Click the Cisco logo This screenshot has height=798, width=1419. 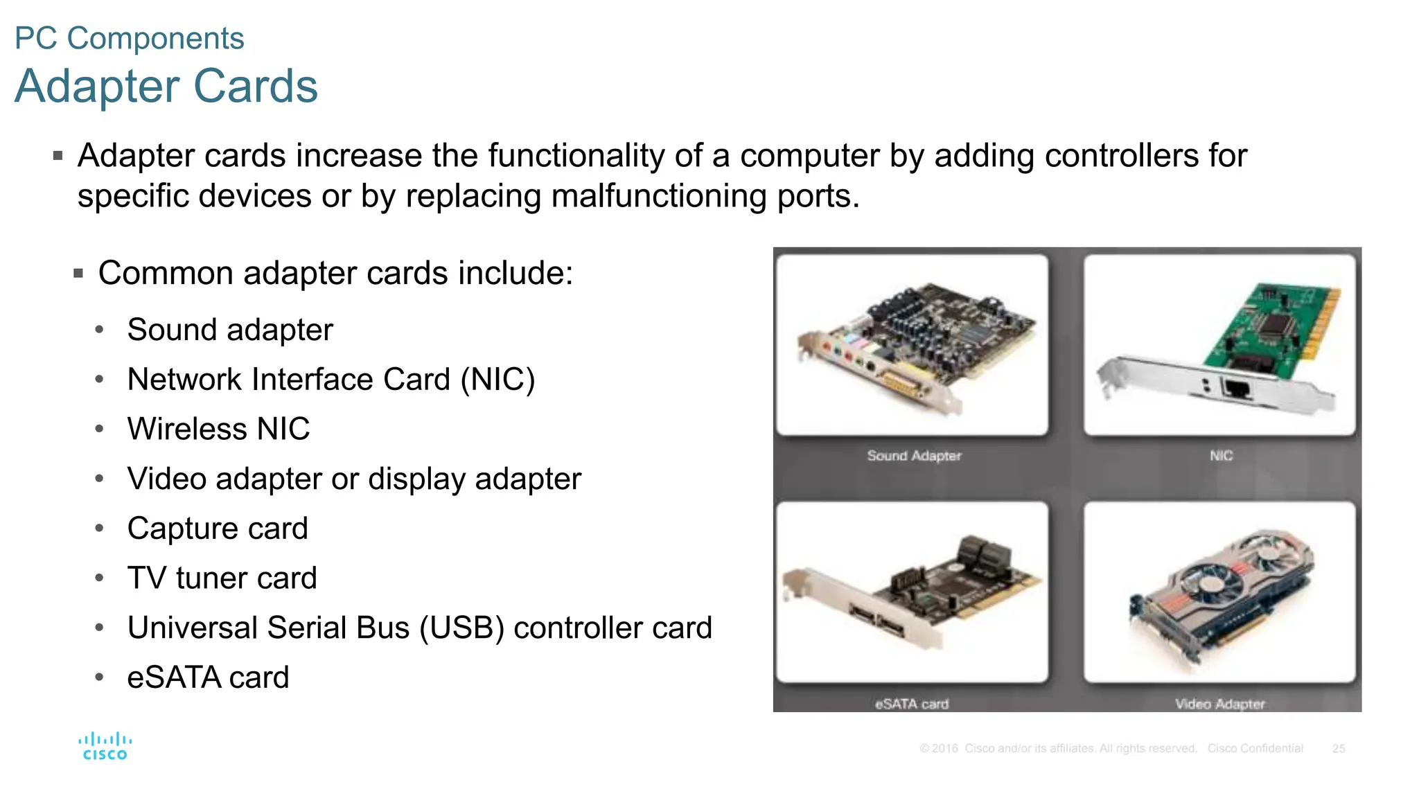coord(105,746)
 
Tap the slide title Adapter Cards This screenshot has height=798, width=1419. coord(166,86)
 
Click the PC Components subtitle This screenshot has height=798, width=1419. coord(130,38)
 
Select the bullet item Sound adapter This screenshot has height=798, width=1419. coord(230,330)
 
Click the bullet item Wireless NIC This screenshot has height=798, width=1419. coord(218,429)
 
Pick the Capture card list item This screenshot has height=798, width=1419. coord(218,529)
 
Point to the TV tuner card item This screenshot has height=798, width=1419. coord(222,578)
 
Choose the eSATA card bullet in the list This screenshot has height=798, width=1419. coord(208,677)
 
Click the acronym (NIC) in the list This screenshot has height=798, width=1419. coord(498,380)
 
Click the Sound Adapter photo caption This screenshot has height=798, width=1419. coord(914,456)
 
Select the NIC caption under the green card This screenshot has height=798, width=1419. coord(1221,456)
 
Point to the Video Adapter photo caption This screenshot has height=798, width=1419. coord(1219,704)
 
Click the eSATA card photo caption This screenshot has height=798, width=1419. coord(912,704)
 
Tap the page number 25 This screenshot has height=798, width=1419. coord(1338,749)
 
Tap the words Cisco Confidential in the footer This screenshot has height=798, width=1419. coord(1255,749)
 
